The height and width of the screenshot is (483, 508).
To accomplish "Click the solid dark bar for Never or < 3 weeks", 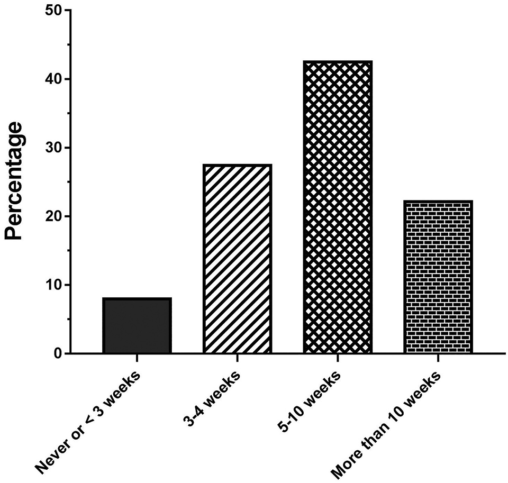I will click(137, 326).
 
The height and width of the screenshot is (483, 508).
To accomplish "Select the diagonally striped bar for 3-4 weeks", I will click(237, 259).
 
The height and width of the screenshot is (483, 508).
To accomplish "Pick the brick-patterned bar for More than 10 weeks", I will click(438, 277).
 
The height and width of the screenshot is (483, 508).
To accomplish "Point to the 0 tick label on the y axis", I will click(56, 353).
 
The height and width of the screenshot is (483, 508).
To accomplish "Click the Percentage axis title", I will click(16, 181).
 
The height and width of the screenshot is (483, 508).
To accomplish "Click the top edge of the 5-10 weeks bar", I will click(338, 62).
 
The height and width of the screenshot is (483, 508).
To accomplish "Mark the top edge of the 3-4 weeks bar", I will click(237, 165).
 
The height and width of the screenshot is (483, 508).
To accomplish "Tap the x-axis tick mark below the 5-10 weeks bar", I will click(338, 358).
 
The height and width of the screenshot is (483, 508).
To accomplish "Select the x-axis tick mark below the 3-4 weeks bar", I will click(237, 358).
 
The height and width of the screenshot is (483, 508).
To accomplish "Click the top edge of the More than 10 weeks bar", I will click(438, 201).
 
